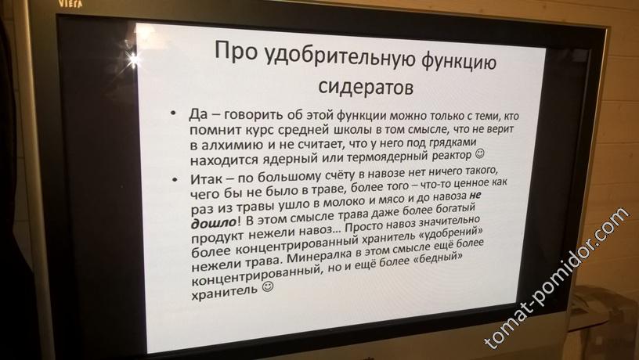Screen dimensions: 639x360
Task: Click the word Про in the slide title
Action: coord(236,51)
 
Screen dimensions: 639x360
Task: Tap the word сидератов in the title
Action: coord(366,86)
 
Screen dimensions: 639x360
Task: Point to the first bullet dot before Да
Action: coord(174,113)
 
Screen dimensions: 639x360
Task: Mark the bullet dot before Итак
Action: coord(175,179)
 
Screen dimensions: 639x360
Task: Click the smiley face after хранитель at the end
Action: coord(268,286)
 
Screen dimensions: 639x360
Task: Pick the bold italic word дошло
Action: coord(214,223)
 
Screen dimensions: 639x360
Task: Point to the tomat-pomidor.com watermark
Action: coord(556,279)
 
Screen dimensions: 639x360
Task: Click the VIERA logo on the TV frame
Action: coord(70,3)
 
